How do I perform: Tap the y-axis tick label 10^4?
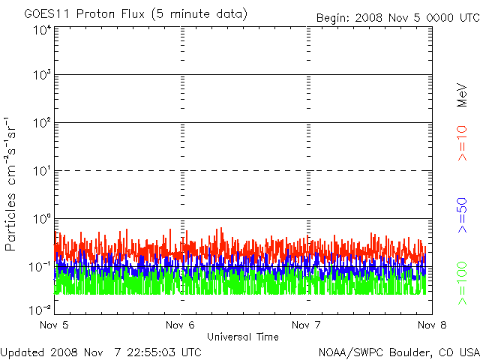coord(42,31)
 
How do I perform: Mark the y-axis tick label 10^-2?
coord(40,310)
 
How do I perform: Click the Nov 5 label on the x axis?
coord(53,325)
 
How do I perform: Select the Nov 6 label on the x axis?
coord(180,325)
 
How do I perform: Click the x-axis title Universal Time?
coord(243,337)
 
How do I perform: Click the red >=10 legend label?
coord(463,143)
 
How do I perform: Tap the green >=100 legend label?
coord(463,283)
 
